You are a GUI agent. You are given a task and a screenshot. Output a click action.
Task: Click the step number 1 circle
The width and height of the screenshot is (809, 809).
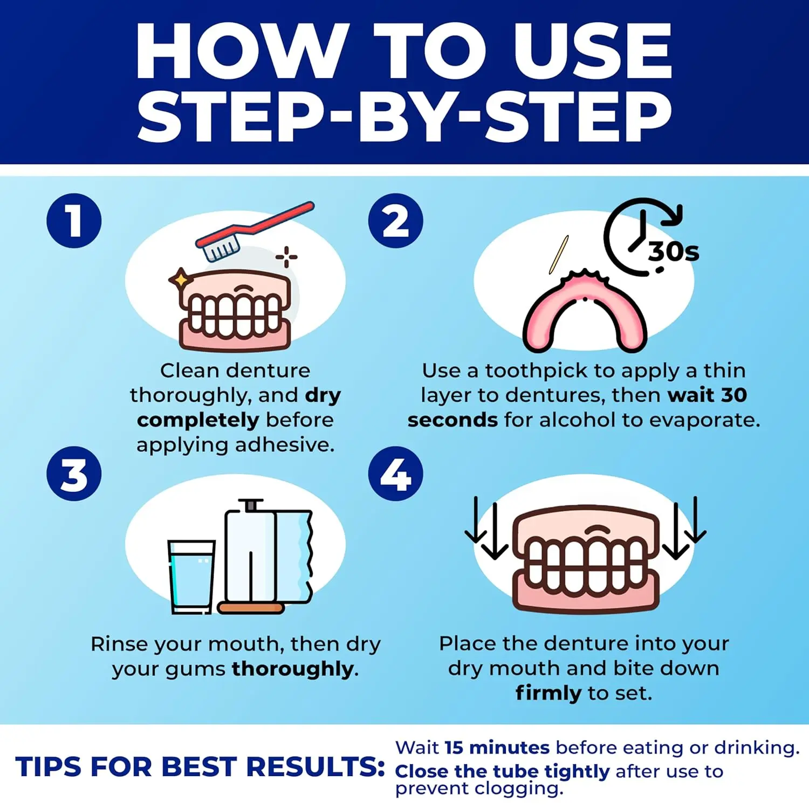(x=74, y=221)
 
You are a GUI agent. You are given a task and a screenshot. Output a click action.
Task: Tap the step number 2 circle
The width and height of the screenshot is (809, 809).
(x=395, y=221)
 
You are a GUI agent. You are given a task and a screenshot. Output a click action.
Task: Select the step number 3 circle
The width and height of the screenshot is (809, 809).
(x=74, y=474)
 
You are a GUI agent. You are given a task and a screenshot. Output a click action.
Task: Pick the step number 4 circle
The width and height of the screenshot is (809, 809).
(x=395, y=474)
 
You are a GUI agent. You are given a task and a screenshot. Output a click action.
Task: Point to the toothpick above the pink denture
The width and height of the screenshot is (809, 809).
(x=559, y=255)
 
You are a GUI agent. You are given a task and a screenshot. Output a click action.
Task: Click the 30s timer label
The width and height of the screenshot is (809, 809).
(x=673, y=251)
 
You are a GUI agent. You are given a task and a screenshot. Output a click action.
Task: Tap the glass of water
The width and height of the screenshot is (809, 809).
(x=191, y=576)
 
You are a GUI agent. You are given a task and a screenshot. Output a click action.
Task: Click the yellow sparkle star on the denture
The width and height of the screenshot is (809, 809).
(x=180, y=280)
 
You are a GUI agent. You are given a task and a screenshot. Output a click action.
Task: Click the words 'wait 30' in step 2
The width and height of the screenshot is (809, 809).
(x=707, y=395)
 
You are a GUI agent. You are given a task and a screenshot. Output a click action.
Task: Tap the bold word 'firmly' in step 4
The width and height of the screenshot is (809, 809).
(x=548, y=693)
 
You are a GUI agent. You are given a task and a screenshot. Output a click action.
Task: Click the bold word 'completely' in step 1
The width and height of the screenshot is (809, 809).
(x=198, y=420)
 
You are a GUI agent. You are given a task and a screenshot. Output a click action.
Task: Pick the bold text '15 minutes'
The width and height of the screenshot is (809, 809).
(x=497, y=748)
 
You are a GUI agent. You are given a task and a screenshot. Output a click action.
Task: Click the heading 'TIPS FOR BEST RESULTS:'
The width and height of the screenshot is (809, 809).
(x=200, y=766)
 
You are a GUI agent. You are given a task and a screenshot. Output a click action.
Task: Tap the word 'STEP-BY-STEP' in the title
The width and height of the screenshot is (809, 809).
(x=404, y=116)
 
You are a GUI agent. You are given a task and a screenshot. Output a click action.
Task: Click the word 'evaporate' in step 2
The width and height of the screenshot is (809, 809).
(x=704, y=420)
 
